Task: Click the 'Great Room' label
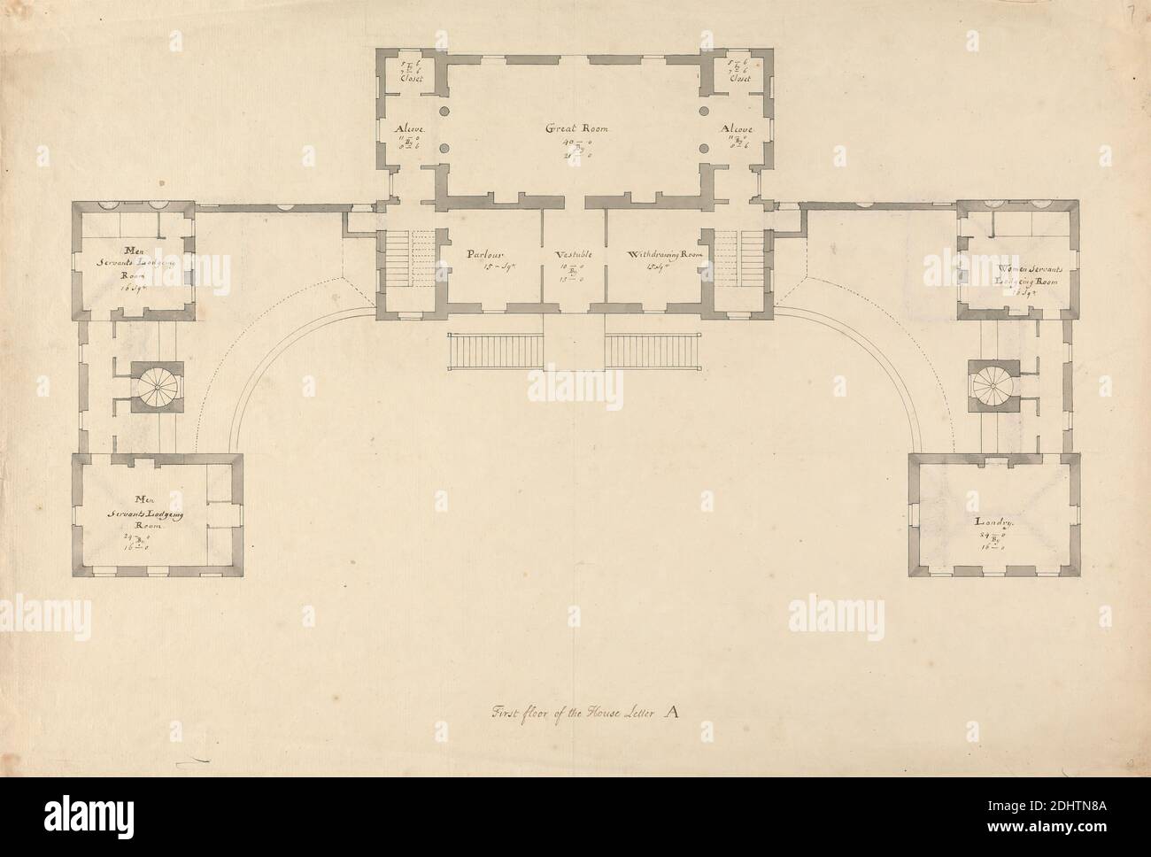coord(575,128)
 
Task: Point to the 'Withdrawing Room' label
coord(664,254)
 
